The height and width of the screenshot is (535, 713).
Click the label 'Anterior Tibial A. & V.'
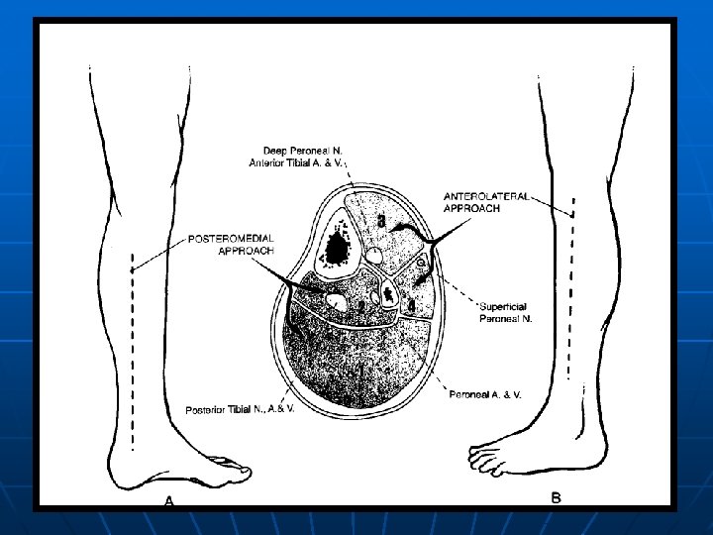[x=299, y=163]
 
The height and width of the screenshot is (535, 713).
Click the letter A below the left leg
[x=168, y=502]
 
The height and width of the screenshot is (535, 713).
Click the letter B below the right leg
[x=557, y=498]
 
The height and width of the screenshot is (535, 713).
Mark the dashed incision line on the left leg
[x=131, y=357]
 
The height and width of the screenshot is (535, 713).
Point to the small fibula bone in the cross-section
[x=389, y=294]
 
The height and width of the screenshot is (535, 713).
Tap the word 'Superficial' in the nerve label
[x=493, y=305]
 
